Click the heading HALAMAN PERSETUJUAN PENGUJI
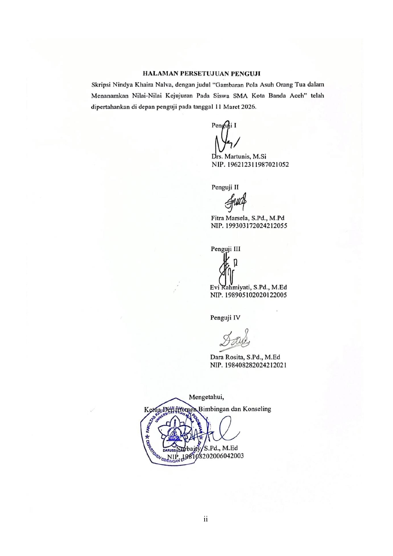(201, 74)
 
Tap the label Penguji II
(225, 187)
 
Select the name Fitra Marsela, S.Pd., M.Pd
(247, 218)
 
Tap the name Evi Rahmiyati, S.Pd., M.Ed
(248, 288)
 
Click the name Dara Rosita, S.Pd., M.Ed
(245, 357)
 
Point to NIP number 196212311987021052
(250, 165)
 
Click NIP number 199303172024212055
(249, 226)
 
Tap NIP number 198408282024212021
(248, 365)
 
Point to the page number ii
(206, 519)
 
